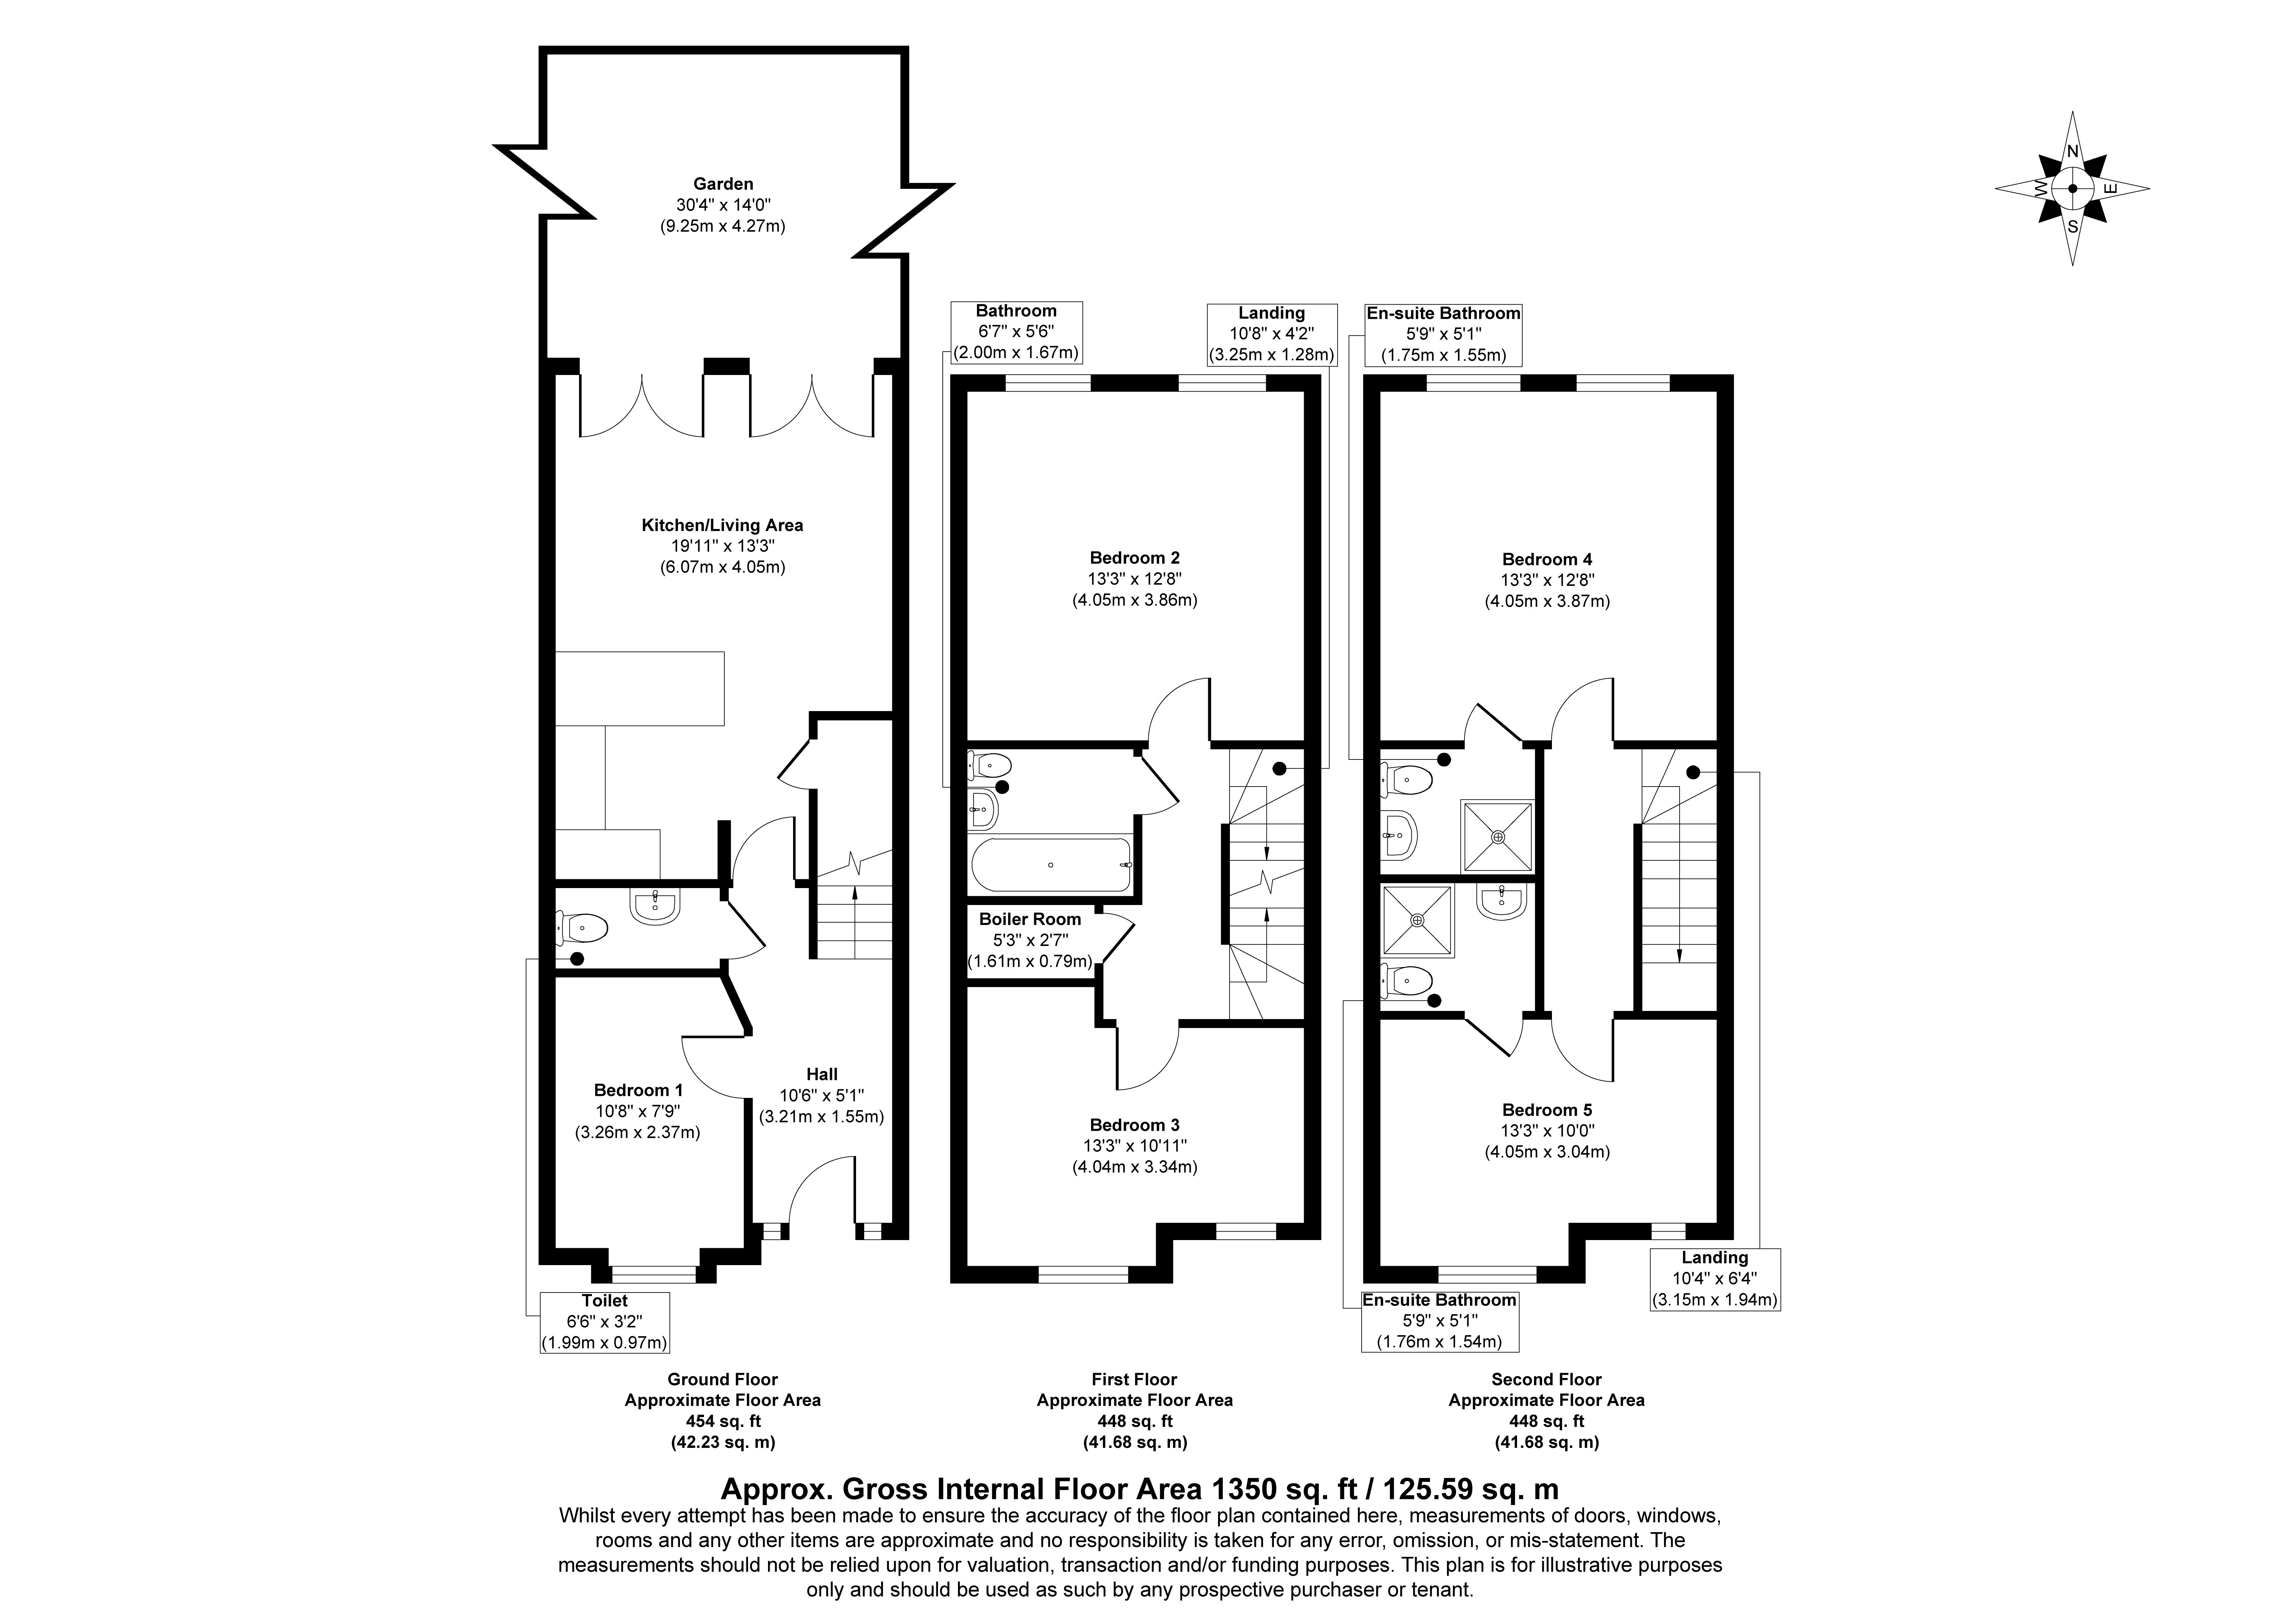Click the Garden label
tap(723, 184)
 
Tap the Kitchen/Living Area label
tap(722, 525)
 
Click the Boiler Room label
tap(1030, 920)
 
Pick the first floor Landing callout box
tap(1272, 334)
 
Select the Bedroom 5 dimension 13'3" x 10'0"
tap(1547, 1131)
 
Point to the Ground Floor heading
tap(722, 1380)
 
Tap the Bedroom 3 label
tap(1134, 1125)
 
